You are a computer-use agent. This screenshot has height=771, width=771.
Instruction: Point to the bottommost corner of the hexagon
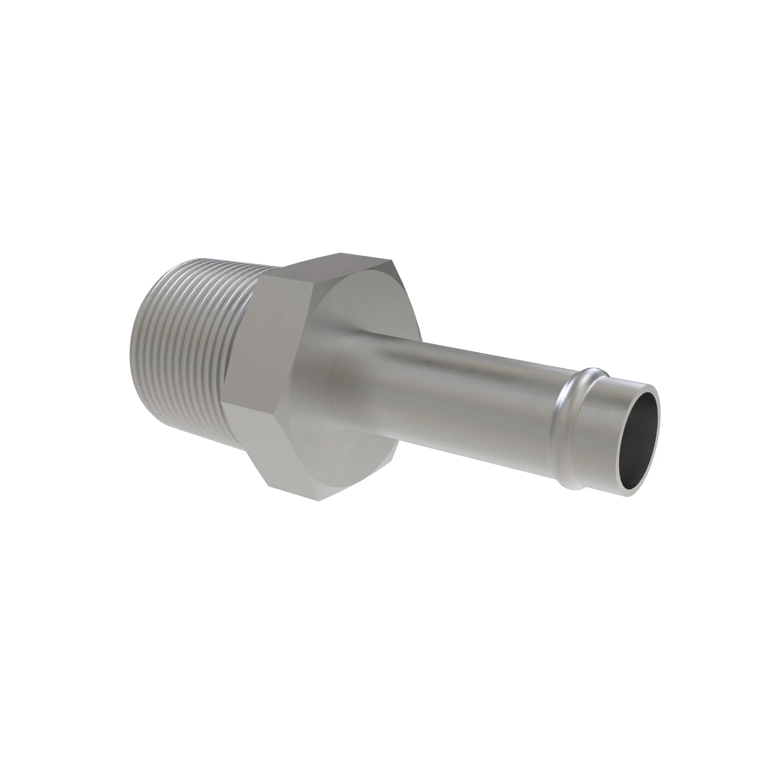[x=319, y=501]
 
